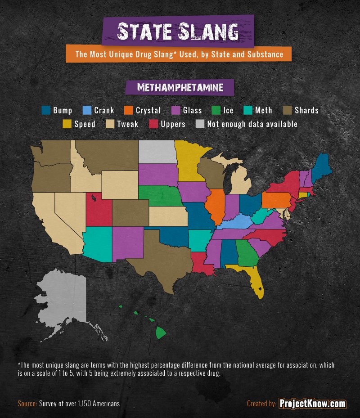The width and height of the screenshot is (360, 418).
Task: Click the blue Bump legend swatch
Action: point(45,110)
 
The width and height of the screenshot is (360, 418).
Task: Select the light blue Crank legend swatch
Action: point(87,110)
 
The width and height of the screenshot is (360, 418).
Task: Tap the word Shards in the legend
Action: point(306,110)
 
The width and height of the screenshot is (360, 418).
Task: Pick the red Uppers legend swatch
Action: point(153,124)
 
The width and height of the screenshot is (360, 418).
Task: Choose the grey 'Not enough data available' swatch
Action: point(200,124)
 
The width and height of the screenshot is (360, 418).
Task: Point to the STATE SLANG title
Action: point(178,31)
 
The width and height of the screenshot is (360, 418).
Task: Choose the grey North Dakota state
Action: point(157,152)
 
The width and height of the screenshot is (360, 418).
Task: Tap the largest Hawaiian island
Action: point(161,333)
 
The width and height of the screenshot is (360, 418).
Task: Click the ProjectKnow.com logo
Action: point(312,404)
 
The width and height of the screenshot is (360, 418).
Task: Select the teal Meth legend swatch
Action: point(247,110)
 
